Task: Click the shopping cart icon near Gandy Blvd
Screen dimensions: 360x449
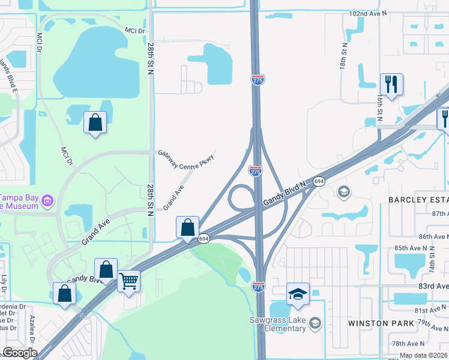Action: click(129, 280)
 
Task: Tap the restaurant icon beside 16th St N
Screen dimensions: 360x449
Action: click(391, 85)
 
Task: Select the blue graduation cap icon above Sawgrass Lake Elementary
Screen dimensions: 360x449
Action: click(298, 294)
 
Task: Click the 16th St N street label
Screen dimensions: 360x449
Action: click(381, 108)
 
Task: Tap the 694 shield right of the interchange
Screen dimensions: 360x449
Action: click(319, 181)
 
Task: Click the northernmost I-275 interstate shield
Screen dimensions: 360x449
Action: click(257, 79)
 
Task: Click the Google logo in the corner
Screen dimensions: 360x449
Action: click(20, 352)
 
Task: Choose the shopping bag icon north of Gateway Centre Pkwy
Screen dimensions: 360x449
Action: click(95, 123)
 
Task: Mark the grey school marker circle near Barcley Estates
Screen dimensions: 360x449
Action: click(343, 192)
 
